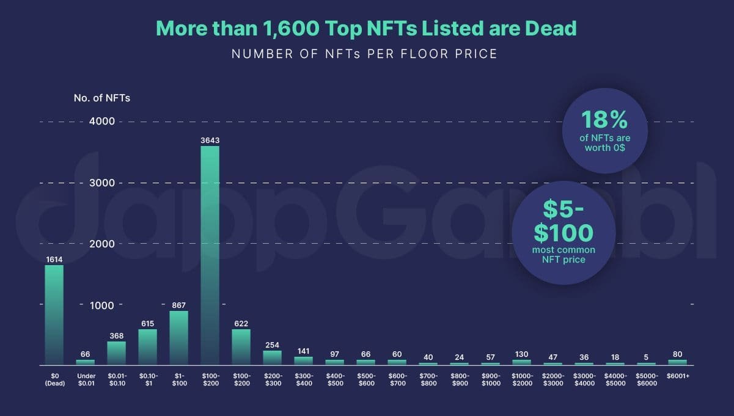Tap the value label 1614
tap(54, 260)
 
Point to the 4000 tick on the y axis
tap(103, 122)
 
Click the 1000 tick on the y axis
tap(103, 305)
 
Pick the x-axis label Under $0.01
tap(85, 379)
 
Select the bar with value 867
tap(178, 338)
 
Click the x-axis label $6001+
tap(677, 376)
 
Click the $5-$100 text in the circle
tap(563, 222)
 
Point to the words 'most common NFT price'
tap(563, 255)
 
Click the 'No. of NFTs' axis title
tap(101, 98)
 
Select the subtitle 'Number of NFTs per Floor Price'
tap(364, 54)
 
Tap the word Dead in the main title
tap(548, 28)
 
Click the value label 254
tap(272, 345)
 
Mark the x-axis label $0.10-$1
tap(147, 379)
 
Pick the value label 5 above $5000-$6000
tap(646, 357)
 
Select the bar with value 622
tap(241, 347)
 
